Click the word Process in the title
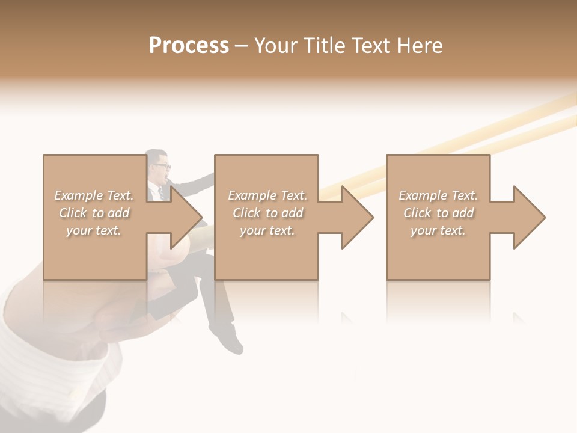click(x=189, y=45)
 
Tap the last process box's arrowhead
click(x=528, y=217)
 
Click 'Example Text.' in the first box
click(x=94, y=195)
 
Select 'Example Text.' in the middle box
click(x=267, y=195)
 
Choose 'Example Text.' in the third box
click(x=438, y=195)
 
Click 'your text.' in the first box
click(x=94, y=230)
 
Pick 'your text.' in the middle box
click(x=267, y=230)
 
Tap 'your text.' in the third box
click(x=438, y=230)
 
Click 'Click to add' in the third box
click(x=438, y=213)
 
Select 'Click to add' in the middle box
click(x=267, y=213)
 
